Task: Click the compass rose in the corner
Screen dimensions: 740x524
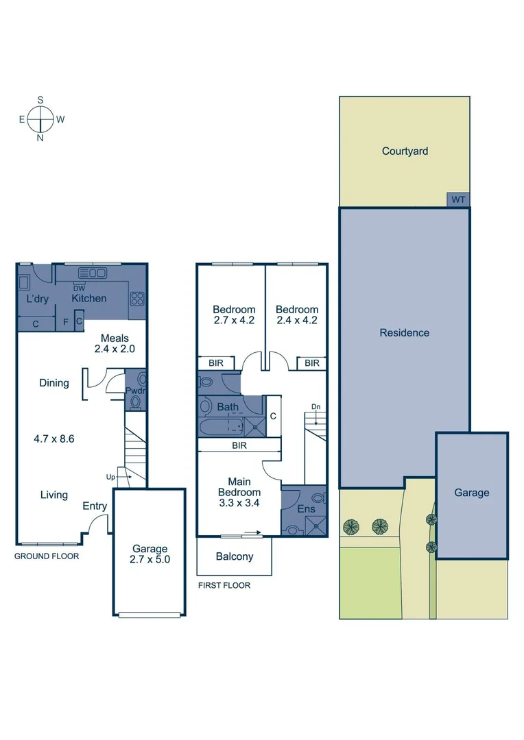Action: [x=41, y=119]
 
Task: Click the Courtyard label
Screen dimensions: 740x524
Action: [x=405, y=151]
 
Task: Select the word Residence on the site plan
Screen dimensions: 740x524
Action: [x=405, y=333]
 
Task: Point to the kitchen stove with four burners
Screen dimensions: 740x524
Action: [x=137, y=298]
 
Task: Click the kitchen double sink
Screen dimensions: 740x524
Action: [x=93, y=273]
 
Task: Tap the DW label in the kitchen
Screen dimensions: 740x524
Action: [x=80, y=288]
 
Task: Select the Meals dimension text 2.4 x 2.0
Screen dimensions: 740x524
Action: [x=115, y=349]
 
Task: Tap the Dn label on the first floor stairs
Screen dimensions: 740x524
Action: [x=315, y=406]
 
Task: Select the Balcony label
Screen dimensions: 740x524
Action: [x=235, y=557]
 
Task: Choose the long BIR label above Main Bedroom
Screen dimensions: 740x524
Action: [x=239, y=445]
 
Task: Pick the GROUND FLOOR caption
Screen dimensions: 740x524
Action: [x=47, y=556]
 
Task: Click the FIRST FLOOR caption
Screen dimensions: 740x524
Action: [x=224, y=586]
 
